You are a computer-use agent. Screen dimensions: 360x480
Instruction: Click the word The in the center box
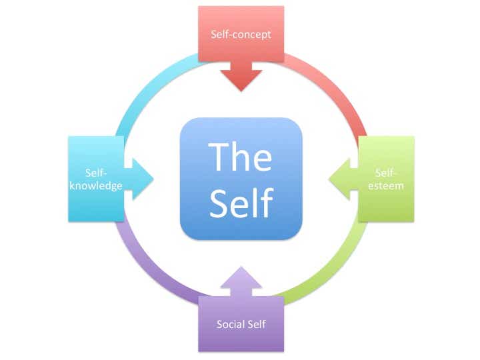[x=241, y=156]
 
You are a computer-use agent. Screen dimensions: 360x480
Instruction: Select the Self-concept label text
[x=241, y=34]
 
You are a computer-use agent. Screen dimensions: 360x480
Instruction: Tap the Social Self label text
[x=241, y=325]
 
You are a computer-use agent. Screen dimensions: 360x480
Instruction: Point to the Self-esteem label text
[x=387, y=179]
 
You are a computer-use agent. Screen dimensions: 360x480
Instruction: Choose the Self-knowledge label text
[x=95, y=179]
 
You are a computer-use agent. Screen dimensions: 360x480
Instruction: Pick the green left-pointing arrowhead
[x=337, y=179]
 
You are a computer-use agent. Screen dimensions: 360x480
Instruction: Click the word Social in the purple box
[x=229, y=325]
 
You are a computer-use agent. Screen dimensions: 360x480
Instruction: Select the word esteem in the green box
[x=387, y=186]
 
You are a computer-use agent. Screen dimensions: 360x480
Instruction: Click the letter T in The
[x=219, y=156]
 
